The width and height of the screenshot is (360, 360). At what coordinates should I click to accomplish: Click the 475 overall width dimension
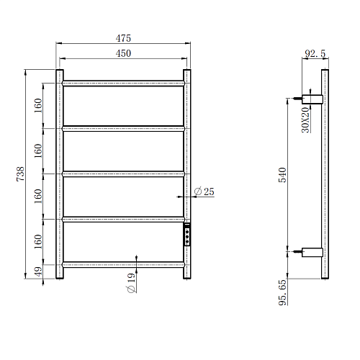pyautogui.click(x=123, y=38)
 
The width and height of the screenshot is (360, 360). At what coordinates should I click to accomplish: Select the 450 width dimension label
pyautogui.click(x=123, y=53)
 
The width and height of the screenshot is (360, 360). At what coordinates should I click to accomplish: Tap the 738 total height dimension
pyautogui.click(x=21, y=174)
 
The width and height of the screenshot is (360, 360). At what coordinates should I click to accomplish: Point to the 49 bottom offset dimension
pyautogui.click(x=38, y=271)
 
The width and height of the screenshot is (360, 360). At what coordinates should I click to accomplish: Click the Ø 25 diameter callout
pyautogui.click(x=204, y=192)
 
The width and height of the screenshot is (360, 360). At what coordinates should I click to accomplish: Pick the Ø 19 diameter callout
pyautogui.click(x=131, y=283)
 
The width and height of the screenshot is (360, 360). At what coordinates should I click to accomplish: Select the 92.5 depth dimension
pyautogui.click(x=315, y=53)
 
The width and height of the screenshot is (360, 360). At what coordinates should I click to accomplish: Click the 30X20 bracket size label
pyautogui.click(x=305, y=120)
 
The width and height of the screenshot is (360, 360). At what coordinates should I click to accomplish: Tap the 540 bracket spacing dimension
pyautogui.click(x=282, y=175)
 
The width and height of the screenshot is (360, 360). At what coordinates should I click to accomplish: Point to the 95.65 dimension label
pyautogui.click(x=282, y=292)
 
